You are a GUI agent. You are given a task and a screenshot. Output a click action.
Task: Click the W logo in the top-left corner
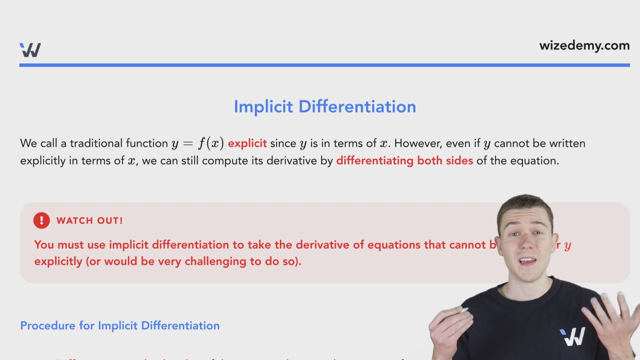[x=30, y=50]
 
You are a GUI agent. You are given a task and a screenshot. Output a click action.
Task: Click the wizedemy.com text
[x=584, y=46]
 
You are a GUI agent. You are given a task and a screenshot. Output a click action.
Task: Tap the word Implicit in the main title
[x=263, y=107]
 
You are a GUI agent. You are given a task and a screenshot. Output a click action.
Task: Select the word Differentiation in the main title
[x=357, y=107]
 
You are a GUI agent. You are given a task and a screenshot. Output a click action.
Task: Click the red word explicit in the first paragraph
[x=247, y=143]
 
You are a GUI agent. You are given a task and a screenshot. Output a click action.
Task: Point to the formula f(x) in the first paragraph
[x=211, y=143]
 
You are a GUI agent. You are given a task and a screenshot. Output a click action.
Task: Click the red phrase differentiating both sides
[x=404, y=161]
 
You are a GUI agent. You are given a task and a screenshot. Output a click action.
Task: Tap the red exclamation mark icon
[x=42, y=220]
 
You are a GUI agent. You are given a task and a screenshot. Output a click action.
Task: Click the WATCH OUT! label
[x=89, y=221]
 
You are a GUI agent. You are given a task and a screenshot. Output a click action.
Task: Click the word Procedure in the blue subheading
[x=48, y=326]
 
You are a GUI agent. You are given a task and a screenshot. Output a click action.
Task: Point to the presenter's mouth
[x=527, y=261]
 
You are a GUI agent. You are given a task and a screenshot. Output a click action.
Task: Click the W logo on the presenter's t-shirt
[x=573, y=336]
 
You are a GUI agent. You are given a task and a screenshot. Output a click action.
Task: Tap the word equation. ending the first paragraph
[x=534, y=161]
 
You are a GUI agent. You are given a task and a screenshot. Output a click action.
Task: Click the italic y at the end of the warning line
[x=568, y=246]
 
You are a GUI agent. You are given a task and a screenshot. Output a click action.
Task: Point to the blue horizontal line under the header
[x=324, y=65]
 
